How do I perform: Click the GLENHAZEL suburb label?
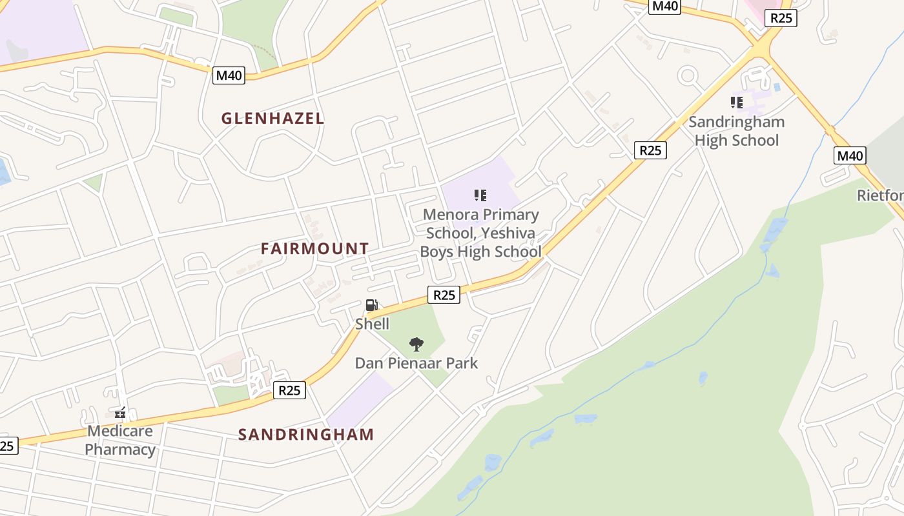[x=272, y=118]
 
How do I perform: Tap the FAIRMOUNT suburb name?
[x=314, y=248]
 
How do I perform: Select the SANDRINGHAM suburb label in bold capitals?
[x=306, y=434]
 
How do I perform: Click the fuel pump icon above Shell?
[x=372, y=305]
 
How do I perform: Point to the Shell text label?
[x=372, y=324]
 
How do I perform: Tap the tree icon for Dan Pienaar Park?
[x=416, y=344]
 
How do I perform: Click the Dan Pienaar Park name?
[x=416, y=363]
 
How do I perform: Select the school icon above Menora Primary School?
[x=480, y=195]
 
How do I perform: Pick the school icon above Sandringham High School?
[x=736, y=103]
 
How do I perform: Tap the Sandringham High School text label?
[x=736, y=131]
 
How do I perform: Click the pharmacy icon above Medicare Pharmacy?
[x=120, y=413]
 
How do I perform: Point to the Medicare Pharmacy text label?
[x=120, y=440]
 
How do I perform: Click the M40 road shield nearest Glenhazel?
[x=229, y=75]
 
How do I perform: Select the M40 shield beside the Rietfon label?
[x=849, y=155]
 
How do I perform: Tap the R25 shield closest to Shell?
[x=444, y=295]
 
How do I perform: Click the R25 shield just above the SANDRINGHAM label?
[x=289, y=390]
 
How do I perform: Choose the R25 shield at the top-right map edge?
[x=781, y=18]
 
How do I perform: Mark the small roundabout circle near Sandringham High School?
[x=688, y=76]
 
